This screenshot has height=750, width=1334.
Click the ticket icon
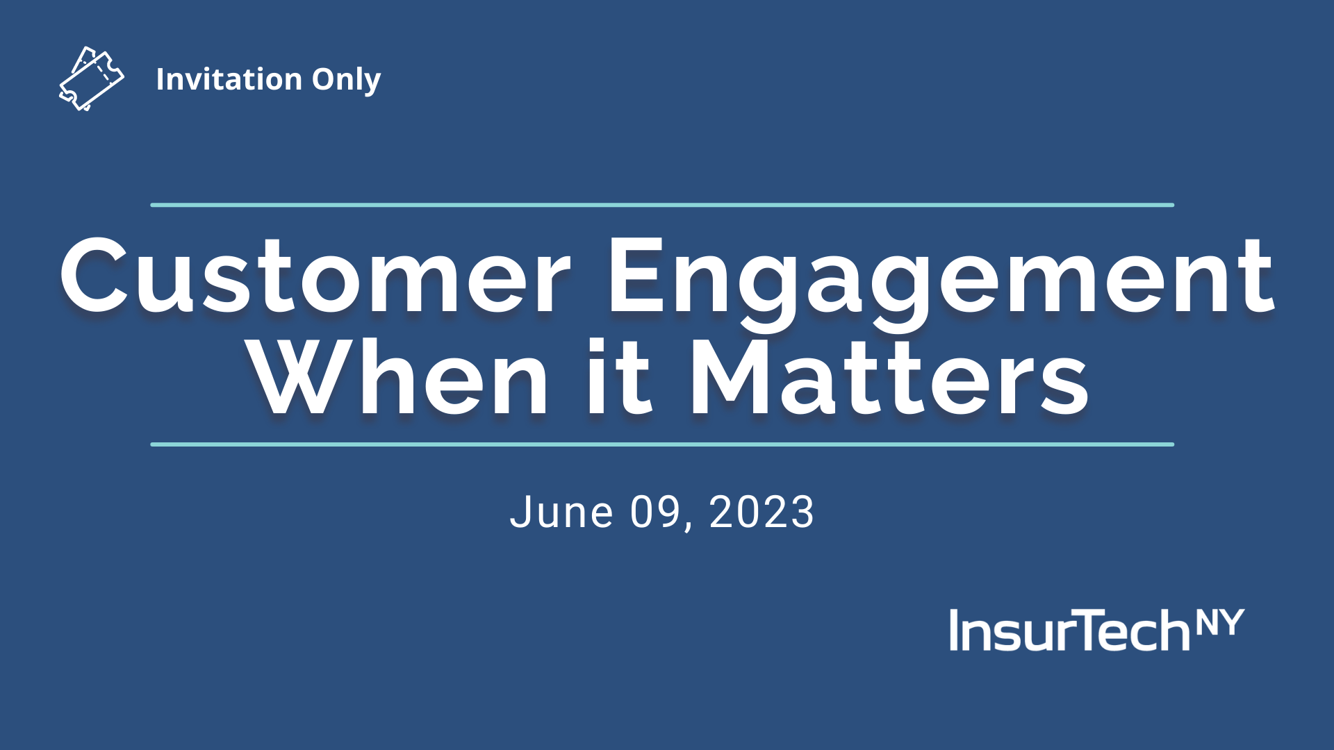(92, 78)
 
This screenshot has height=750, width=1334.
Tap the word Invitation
(229, 79)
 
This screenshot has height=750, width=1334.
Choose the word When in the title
(400, 378)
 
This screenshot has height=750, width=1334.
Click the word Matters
(889, 378)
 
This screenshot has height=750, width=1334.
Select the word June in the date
(562, 512)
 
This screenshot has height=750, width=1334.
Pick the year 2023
(761, 512)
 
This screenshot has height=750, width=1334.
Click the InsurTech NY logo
(1097, 630)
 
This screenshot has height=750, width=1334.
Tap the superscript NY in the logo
(1220, 622)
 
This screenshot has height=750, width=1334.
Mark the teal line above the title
(662, 205)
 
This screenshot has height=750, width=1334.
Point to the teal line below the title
(662, 444)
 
